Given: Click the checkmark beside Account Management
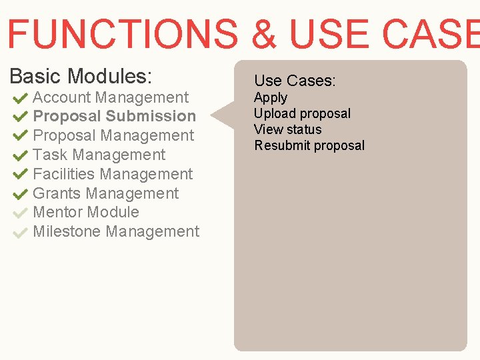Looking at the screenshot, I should [19, 98].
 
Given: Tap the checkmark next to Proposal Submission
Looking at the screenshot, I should [19, 117].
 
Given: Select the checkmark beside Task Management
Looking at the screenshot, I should [19, 156].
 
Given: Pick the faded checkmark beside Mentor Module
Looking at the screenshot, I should [19, 213].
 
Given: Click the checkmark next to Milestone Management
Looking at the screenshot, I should [19, 233].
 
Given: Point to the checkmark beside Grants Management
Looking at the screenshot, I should [19, 195].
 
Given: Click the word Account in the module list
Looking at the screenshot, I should [62, 97].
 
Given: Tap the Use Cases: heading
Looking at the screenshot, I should [295, 81].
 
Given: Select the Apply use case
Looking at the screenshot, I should [270, 97].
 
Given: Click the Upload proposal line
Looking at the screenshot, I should [302, 113].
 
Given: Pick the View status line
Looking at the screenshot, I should [287, 129].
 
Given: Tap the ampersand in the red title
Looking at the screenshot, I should [265, 34].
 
